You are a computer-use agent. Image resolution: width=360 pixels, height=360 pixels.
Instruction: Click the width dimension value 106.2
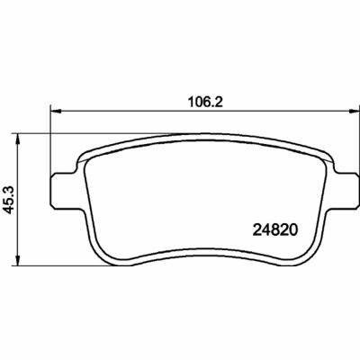(x=205, y=103)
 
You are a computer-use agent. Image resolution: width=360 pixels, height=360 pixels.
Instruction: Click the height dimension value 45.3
(x=9, y=200)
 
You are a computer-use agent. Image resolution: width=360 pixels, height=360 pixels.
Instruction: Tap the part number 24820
(x=275, y=230)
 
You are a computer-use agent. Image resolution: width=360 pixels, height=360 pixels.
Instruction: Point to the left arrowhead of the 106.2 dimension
(x=56, y=112)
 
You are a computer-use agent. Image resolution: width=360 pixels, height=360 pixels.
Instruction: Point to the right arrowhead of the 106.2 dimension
(x=354, y=112)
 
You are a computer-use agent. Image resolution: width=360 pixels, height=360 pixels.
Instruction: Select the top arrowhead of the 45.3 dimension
(x=18, y=139)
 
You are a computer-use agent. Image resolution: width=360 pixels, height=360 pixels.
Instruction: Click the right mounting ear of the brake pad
(x=346, y=190)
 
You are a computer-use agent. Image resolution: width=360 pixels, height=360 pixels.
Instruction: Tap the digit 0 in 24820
(x=293, y=230)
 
